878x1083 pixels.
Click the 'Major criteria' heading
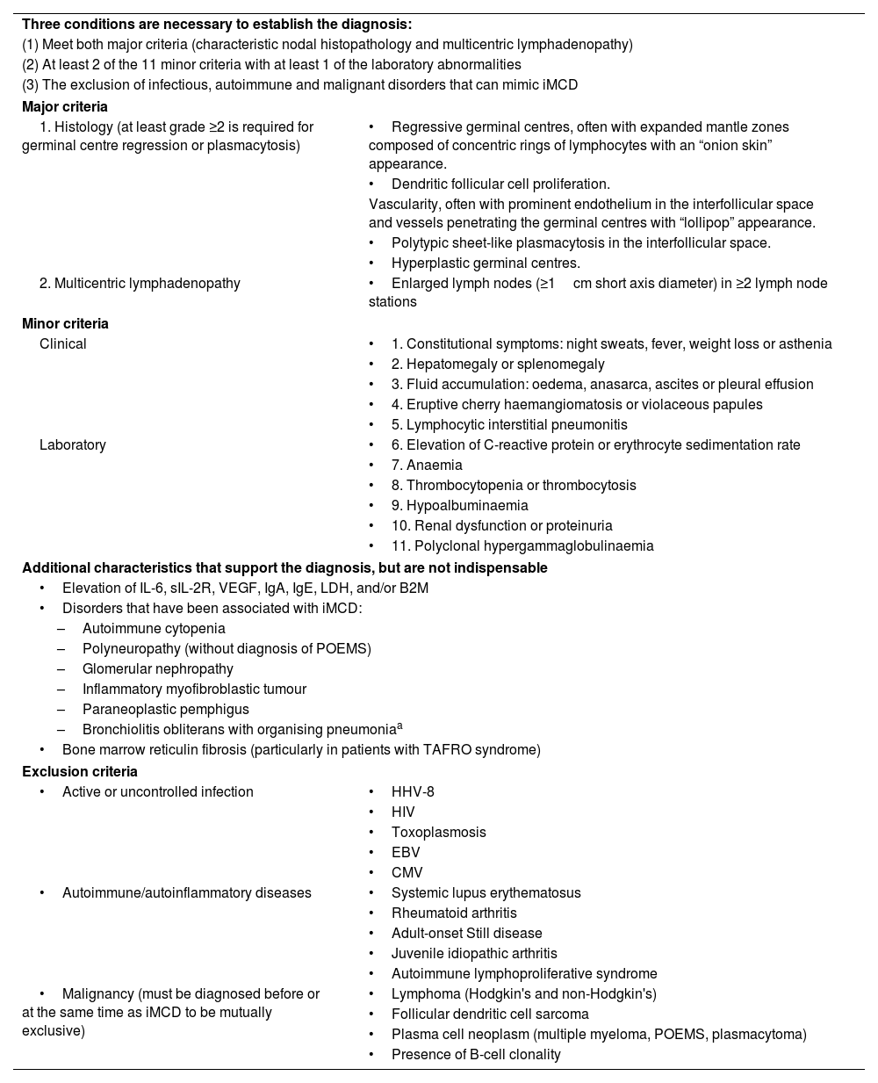(65, 106)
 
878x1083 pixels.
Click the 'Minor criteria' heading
(65, 323)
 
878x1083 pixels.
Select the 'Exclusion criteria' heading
(79, 771)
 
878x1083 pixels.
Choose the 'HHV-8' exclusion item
(413, 791)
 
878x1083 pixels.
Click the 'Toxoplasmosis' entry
(438, 832)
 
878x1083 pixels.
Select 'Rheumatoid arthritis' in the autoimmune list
(454, 913)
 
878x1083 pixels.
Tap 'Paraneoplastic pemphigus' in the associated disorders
(166, 709)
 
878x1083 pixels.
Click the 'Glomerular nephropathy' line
(158, 668)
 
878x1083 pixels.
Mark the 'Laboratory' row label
(73, 444)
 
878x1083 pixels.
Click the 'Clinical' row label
(63, 343)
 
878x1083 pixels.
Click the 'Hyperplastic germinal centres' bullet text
(486, 263)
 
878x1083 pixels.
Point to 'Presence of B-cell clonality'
(476, 1054)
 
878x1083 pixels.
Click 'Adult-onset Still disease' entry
(466, 933)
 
